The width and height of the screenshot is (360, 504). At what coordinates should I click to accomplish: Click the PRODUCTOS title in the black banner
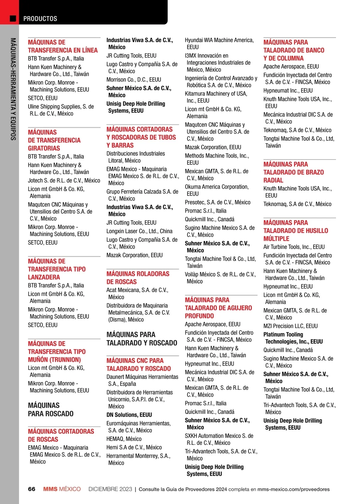(40, 19)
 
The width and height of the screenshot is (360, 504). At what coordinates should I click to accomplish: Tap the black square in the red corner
(13, 19)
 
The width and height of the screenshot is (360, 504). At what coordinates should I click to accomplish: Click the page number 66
(31, 489)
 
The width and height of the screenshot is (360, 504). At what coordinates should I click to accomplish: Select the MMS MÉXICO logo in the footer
(62, 489)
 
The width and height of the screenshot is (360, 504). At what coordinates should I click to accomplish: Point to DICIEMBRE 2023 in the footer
(110, 489)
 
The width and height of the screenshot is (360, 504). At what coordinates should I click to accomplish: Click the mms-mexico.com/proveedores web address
(293, 489)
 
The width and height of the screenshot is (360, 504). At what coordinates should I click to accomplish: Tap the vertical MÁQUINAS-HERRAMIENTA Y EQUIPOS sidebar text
(13, 89)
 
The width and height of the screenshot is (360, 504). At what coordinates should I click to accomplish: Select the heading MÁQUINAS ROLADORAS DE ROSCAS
(138, 278)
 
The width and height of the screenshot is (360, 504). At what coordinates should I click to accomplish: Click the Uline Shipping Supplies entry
(61, 110)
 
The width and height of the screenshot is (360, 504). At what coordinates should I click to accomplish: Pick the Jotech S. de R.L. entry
(64, 181)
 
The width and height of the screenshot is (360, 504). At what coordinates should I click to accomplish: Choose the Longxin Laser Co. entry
(139, 231)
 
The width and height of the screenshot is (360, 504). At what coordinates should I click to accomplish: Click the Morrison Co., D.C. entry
(134, 80)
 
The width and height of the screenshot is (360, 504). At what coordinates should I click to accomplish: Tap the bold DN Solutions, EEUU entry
(129, 415)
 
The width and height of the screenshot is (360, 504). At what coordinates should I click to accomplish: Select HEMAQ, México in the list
(124, 439)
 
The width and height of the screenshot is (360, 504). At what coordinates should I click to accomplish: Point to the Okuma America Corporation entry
(217, 190)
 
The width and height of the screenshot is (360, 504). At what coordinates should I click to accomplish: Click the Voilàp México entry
(220, 278)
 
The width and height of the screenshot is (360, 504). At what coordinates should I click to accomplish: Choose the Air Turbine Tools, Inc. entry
(294, 247)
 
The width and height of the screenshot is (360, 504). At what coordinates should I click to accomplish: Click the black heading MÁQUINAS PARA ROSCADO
(51, 409)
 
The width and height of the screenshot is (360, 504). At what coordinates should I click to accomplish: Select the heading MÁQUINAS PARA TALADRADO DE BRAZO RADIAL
(293, 172)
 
